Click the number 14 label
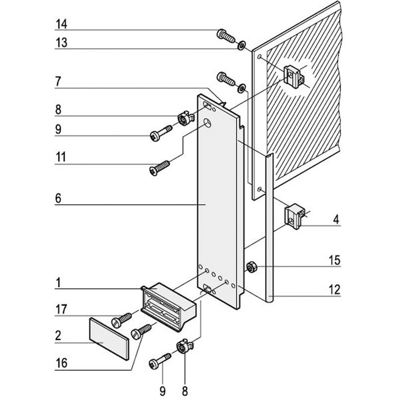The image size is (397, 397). coord(62,24)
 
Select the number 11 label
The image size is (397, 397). coord(61,158)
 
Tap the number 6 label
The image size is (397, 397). coord(58,198)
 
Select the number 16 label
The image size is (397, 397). coord(61,363)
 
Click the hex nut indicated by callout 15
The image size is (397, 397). coord(251,267)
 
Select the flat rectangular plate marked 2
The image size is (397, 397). coord(109,337)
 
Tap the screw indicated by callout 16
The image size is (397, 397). coord(141,331)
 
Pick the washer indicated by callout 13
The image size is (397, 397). coord(241,46)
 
